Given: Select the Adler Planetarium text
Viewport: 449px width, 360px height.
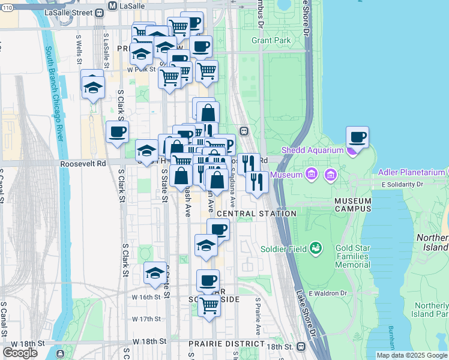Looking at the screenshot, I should pyautogui.click(x=412, y=172).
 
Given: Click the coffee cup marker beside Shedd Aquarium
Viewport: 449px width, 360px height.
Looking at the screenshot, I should pyautogui.click(x=357, y=137).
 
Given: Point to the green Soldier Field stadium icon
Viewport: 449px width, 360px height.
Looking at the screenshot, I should pyautogui.click(x=314, y=248).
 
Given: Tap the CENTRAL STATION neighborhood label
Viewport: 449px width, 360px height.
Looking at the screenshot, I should pyautogui.click(x=256, y=214).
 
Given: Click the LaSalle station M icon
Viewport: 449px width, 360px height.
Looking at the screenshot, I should pyautogui.click(x=112, y=5).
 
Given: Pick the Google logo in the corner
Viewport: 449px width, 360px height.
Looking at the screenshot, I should pyautogui.click(x=20, y=353).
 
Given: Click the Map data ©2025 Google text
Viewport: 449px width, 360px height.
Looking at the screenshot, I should pyautogui.click(x=411, y=355).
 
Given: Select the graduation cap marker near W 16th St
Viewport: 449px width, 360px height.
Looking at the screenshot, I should pyautogui.click(x=155, y=273).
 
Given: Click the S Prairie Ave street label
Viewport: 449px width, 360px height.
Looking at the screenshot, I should pyautogui.click(x=258, y=316).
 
